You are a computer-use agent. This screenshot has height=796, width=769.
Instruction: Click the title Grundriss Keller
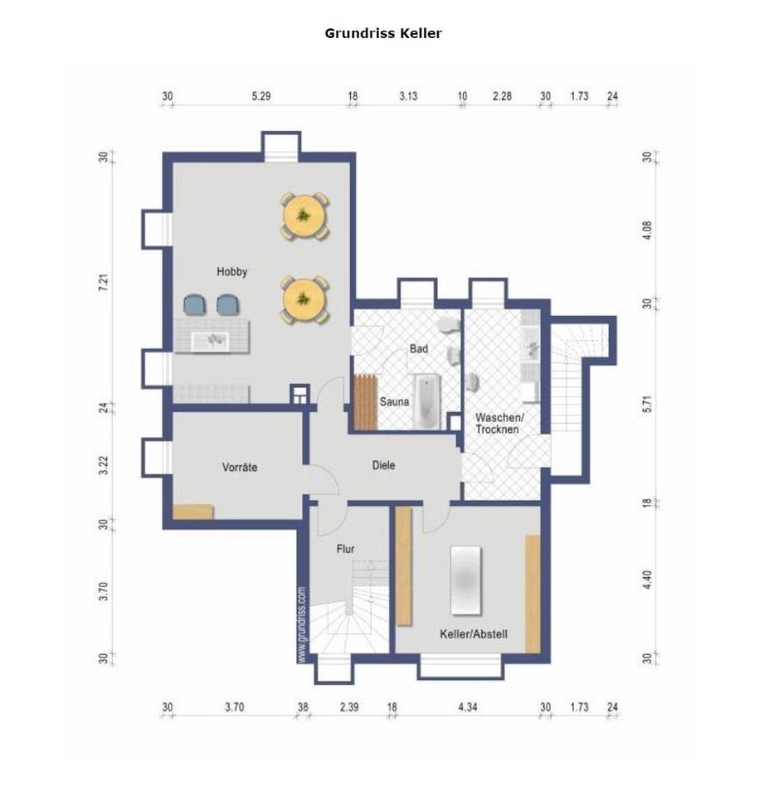[383, 33]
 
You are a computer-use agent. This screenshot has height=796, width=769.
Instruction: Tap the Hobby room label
[231, 272]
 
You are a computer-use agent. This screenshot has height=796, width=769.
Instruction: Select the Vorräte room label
[240, 467]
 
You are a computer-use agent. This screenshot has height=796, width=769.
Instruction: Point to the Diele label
[383, 465]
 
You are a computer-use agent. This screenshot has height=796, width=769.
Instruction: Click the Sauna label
[394, 401]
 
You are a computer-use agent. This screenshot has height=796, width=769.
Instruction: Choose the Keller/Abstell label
[474, 633]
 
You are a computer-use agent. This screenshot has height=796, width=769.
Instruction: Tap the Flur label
[345, 549]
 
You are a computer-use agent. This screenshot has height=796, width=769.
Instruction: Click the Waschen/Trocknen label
[499, 424]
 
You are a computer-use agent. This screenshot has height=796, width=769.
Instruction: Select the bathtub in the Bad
[427, 401]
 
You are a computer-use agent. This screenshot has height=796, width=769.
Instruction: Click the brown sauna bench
[365, 401]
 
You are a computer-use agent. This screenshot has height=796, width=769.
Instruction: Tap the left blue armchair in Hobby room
[195, 304]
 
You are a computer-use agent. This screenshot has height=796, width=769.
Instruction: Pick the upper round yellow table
[304, 216]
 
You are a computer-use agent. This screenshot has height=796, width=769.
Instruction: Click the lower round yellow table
[304, 299]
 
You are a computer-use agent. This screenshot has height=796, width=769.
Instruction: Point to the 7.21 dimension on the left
[104, 282]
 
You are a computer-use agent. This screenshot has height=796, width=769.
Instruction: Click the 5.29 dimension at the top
[261, 96]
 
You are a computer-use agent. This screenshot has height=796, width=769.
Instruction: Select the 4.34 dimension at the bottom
[467, 706]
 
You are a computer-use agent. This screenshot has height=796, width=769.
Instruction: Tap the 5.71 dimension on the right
[646, 404]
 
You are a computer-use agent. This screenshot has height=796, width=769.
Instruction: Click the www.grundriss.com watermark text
[302, 624]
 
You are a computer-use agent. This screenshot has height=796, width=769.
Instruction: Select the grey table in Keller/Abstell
[465, 580]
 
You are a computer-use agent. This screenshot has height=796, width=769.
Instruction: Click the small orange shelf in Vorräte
[193, 512]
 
